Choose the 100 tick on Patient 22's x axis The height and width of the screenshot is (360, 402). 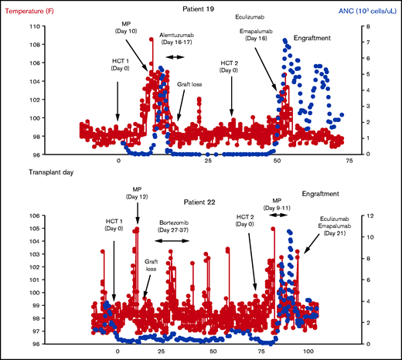(x=308, y=351)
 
